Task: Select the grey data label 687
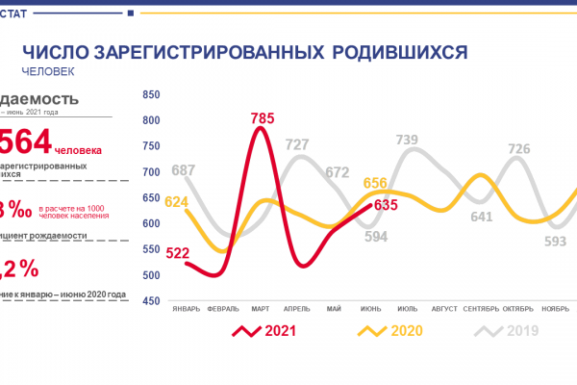click(x=183, y=170)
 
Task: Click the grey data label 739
click(x=408, y=141)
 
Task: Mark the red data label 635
click(x=386, y=204)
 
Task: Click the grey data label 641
click(x=481, y=216)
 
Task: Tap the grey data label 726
click(x=519, y=149)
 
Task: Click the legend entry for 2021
click(x=264, y=331)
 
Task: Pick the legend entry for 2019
click(x=510, y=331)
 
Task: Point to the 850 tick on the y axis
click(x=150, y=95)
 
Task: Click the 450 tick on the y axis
click(x=150, y=301)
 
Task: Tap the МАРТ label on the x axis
click(x=260, y=310)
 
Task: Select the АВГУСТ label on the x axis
click(x=444, y=310)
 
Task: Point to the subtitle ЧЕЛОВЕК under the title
click(x=47, y=70)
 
